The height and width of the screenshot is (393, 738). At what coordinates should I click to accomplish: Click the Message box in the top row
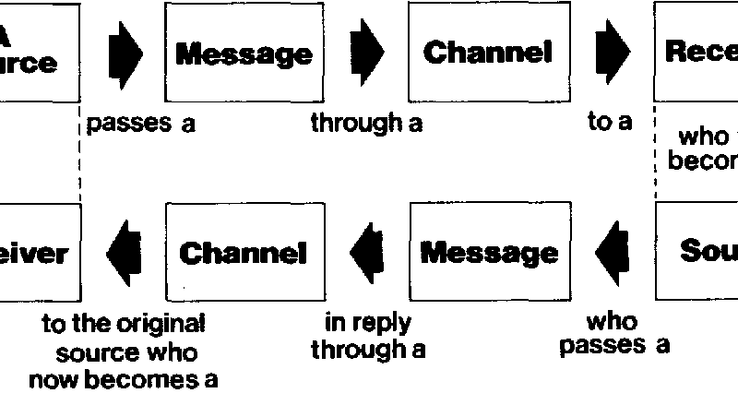point(244,54)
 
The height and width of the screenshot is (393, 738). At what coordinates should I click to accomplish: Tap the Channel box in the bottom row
point(244,252)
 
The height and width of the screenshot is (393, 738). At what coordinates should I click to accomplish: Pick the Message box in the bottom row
point(489,252)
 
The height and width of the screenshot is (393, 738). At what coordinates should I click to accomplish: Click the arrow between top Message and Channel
point(368,54)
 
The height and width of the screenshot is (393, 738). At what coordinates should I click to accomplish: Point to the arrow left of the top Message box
point(125,54)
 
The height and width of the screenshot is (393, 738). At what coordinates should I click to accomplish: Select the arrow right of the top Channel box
point(613,54)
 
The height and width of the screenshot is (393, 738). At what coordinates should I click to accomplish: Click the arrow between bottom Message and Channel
point(366,252)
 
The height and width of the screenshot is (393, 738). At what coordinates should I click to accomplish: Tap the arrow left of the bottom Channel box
point(124,252)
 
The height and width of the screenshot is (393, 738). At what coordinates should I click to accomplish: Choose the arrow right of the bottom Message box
point(611,252)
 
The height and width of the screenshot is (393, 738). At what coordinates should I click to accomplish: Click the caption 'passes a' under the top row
point(141,124)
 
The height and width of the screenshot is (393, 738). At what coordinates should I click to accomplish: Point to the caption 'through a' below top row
point(366,124)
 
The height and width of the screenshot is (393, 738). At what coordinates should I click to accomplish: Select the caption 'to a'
point(610,123)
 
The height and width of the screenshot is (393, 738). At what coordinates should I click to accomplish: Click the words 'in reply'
point(368,324)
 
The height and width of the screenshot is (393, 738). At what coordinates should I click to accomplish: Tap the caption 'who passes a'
point(613,334)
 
